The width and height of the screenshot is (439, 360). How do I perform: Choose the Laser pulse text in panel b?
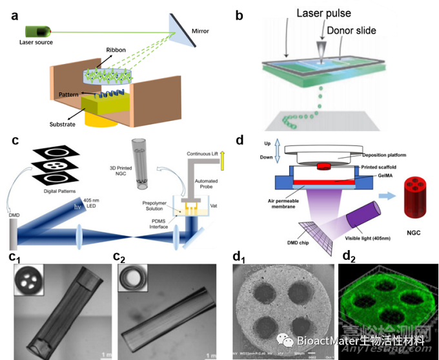click(322, 12)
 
